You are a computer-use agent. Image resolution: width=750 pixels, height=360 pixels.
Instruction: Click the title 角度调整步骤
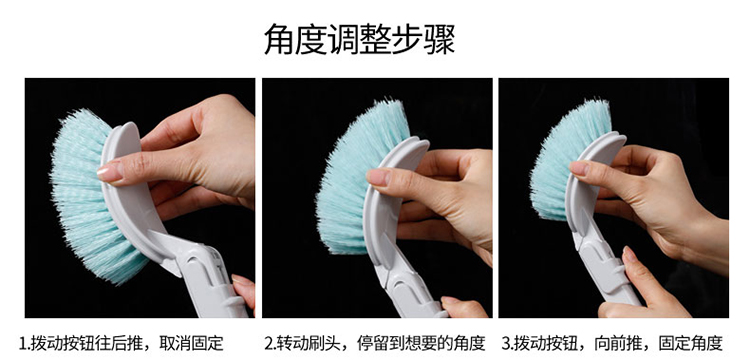tap(359, 39)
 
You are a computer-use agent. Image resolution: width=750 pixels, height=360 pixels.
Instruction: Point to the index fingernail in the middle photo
tap(378, 177)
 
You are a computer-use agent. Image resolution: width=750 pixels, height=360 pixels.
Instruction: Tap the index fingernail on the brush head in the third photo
tap(579, 168)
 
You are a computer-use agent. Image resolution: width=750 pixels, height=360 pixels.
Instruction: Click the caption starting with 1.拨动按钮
tap(121, 343)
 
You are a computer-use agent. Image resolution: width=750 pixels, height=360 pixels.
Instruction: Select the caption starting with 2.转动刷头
tap(375, 343)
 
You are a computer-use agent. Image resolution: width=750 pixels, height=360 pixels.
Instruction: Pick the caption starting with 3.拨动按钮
tap(612, 343)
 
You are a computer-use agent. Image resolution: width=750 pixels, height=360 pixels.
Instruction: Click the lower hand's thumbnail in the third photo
tap(629, 253)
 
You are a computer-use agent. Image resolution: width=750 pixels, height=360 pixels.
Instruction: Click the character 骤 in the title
tap(439, 39)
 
